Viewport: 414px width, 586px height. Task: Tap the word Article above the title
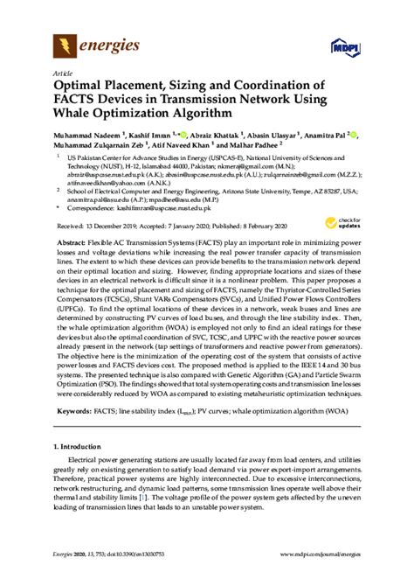coord(62,73)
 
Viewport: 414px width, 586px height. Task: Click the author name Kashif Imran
coord(148,136)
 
